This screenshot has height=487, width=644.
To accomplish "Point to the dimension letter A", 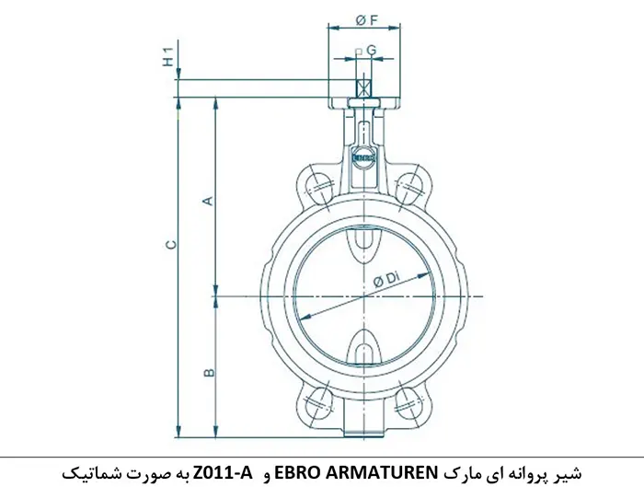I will [208, 200].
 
